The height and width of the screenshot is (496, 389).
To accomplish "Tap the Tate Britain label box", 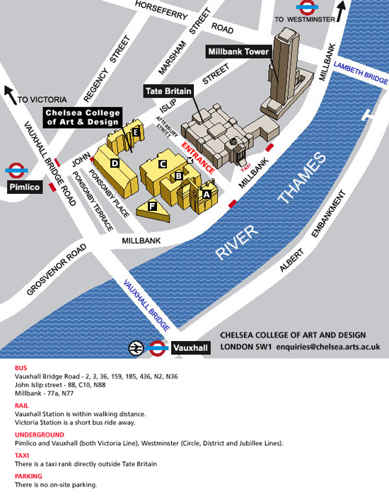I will coord(168,92).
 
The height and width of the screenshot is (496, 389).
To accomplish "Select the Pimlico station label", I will coord(24,188).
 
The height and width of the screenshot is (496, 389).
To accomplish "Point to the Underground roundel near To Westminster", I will coord(305,8).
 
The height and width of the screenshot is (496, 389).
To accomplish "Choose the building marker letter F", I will coord(151,206).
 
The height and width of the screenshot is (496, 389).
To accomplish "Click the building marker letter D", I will coord(114,163).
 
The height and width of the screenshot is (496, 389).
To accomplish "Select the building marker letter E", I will coord(135,131).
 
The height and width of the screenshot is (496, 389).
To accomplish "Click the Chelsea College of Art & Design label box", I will coord(83,117).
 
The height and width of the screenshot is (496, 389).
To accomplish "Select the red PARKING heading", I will coord(28,477).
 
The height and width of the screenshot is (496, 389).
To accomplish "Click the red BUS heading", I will coord(21,368).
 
